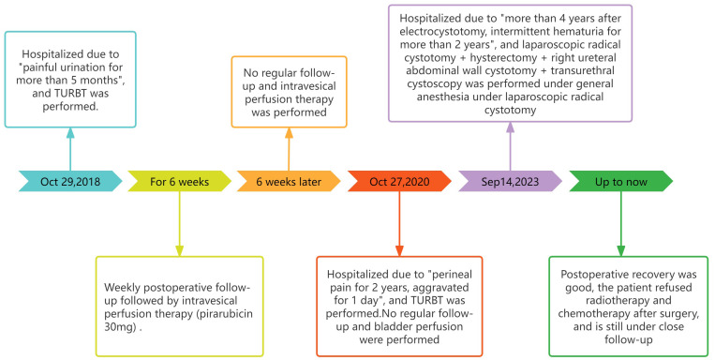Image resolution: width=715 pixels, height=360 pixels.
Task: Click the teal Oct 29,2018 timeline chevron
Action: pyautogui.click(x=70, y=182)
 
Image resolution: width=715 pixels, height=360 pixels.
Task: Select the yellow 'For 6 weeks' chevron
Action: pyautogui.click(x=179, y=182)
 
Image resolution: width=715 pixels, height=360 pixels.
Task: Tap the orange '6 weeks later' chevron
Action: pyautogui.click(x=289, y=182)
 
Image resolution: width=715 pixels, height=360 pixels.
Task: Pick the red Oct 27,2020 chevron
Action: pyautogui.click(x=399, y=182)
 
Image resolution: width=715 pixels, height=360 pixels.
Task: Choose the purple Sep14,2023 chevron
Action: pyautogui.click(x=510, y=182)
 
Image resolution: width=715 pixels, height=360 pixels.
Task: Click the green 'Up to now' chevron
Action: pyautogui.click(x=620, y=182)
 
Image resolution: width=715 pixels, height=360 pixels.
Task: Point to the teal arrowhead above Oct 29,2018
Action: pyautogui.click(x=70, y=133)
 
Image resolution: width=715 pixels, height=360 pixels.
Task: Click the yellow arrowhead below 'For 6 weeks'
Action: pyautogui.click(x=180, y=251)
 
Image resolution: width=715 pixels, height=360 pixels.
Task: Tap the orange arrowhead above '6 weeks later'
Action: pyautogui.click(x=290, y=133)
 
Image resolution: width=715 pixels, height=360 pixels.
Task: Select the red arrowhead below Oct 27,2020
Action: pyautogui.click(x=399, y=251)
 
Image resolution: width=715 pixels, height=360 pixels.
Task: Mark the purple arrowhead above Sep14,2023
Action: pyautogui.click(x=511, y=127)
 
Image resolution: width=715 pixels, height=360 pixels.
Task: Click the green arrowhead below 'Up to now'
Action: pyautogui.click(x=621, y=251)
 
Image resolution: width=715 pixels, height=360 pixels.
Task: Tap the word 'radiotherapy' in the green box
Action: pyautogui.click(x=629, y=301)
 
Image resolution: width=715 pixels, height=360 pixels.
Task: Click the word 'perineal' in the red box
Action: pyautogui.click(x=450, y=275)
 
